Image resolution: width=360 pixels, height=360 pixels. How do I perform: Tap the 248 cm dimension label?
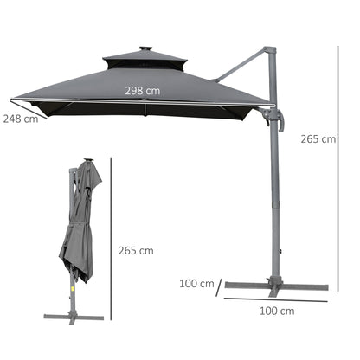(19, 119)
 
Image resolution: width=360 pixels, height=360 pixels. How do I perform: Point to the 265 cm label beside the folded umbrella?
(135, 251)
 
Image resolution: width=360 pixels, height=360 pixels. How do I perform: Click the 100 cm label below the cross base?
(275, 311)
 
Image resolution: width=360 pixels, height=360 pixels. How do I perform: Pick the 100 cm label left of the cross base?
(198, 282)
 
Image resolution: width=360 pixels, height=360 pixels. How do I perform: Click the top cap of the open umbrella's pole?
(270, 51)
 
